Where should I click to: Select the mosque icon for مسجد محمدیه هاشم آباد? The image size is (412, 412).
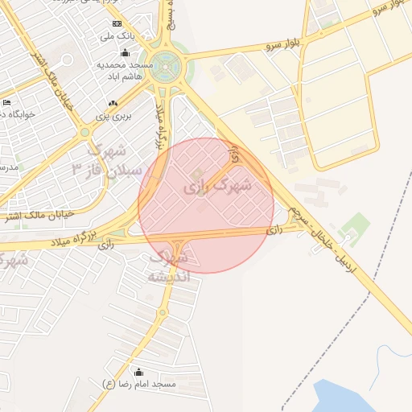[124, 53]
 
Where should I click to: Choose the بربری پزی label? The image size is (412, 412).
[113, 117]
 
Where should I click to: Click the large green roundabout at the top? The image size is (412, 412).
[167, 64]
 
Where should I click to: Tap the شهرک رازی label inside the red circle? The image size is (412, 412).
[217, 186]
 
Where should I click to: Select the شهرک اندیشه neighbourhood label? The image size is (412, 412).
[169, 266]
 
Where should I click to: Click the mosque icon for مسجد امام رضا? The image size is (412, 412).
[138, 372]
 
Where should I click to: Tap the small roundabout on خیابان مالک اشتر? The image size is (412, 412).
[84, 132]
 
